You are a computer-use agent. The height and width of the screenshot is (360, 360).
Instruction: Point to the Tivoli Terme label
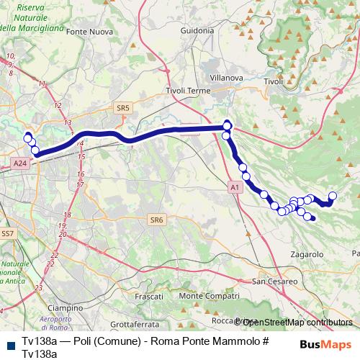click(187, 91)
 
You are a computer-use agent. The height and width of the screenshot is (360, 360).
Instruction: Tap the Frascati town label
click(150, 296)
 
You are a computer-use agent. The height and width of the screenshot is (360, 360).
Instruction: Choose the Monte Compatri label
click(209, 296)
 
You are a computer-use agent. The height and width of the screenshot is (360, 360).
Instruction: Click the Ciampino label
click(66, 307)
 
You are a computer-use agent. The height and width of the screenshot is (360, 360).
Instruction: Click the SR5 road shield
click(122, 108)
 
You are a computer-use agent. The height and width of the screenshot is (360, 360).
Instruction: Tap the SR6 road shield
click(156, 220)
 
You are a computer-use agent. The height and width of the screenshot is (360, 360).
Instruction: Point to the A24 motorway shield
click(20, 164)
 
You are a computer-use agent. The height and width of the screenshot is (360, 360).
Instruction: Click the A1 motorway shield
click(234, 187)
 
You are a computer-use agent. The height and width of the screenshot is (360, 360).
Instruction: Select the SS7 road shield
click(7, 234)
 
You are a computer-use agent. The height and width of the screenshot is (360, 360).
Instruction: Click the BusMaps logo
click(325, 343)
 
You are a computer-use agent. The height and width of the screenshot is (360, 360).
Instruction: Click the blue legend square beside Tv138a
click(8, 343)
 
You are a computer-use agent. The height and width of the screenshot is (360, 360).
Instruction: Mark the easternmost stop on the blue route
click(333, 195)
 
